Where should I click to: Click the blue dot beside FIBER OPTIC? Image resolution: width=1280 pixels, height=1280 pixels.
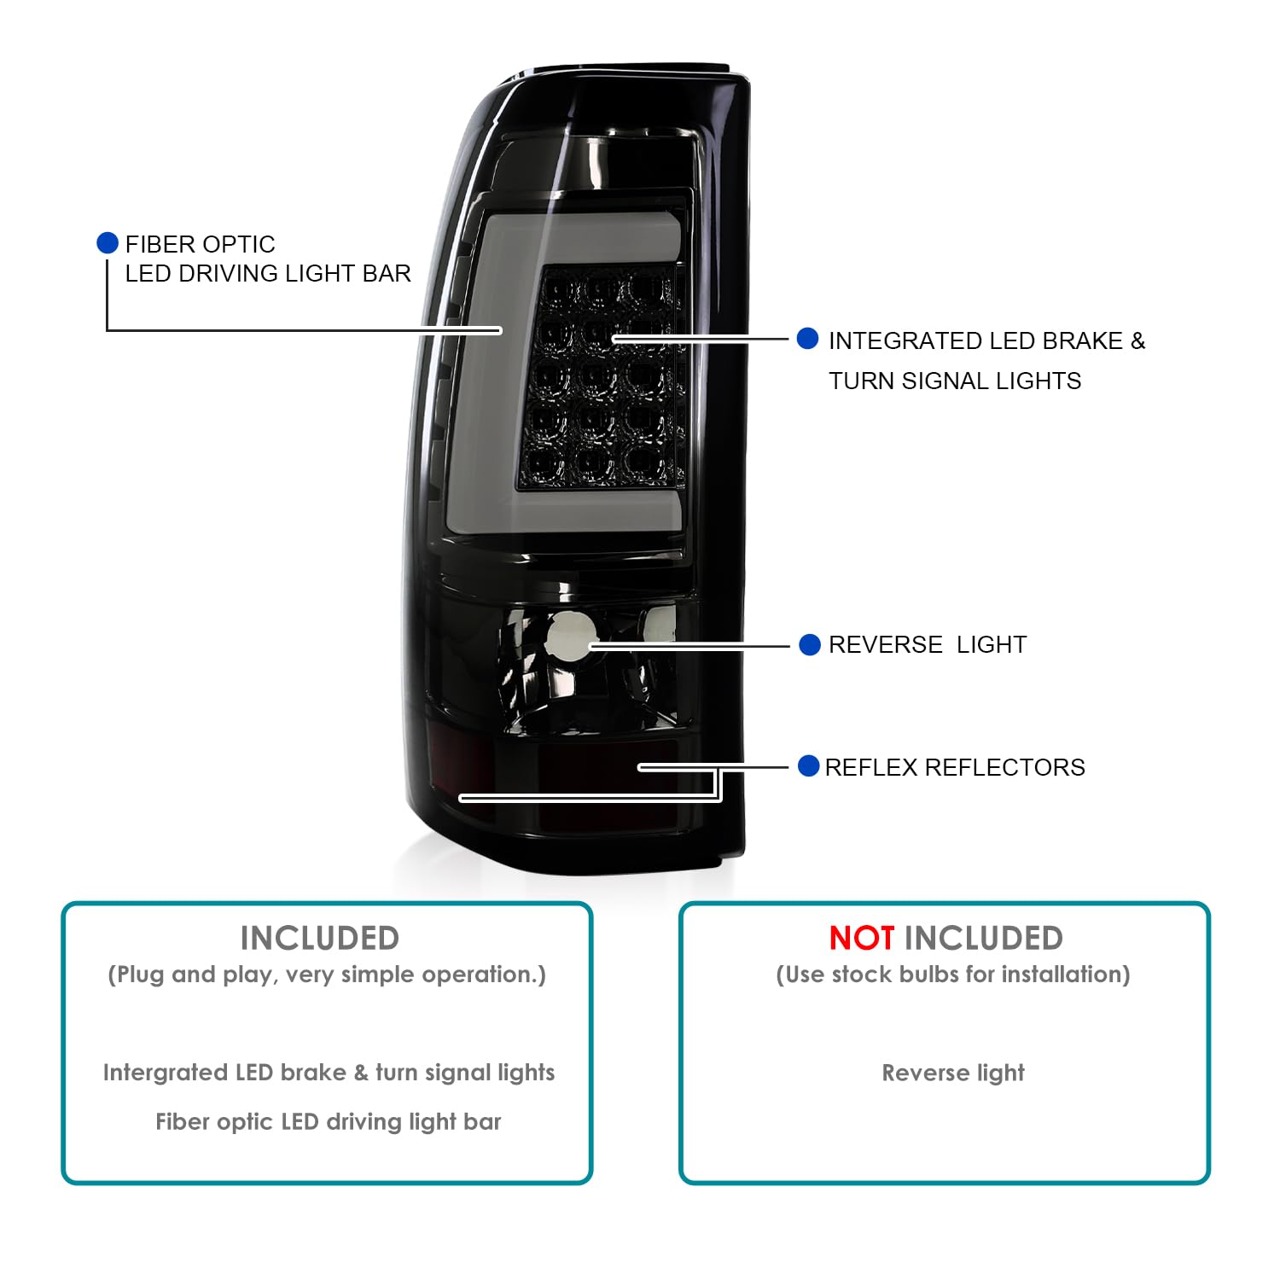[x=108, y=243]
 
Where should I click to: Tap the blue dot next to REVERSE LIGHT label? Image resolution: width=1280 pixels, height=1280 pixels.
[x=810, y=644]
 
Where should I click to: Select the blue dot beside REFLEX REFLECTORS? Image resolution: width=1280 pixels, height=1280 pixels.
[x=809, y=765]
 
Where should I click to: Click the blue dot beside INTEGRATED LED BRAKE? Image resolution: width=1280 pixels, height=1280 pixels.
[x=807, y=339]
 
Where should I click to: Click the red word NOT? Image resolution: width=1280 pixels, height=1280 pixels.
[x=862, y=939]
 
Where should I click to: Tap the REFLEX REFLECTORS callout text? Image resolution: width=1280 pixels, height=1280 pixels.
[x=955, y=767]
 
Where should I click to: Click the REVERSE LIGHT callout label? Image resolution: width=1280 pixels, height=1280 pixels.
[x=928, y=644]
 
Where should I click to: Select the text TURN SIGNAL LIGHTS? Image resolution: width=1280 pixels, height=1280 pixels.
[x=955, y=381]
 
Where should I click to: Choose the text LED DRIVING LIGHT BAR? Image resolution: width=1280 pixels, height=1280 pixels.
[x=268, y=273]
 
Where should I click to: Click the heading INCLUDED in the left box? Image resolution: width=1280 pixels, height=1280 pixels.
[x=320, y=939]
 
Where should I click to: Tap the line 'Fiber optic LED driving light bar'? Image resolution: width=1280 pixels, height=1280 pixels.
[x=329, y=1121]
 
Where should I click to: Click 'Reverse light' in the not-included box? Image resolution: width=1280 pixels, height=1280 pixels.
[x=953, y=1073]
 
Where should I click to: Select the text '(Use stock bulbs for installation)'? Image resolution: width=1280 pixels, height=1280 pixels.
[x=953, y=975]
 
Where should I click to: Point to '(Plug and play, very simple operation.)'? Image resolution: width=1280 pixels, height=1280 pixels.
[x=327, y=975]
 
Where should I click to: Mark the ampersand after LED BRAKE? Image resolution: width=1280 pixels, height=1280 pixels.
[x=1137, y=340]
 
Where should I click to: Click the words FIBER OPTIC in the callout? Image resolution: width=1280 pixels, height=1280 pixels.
[x=201, y=244]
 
